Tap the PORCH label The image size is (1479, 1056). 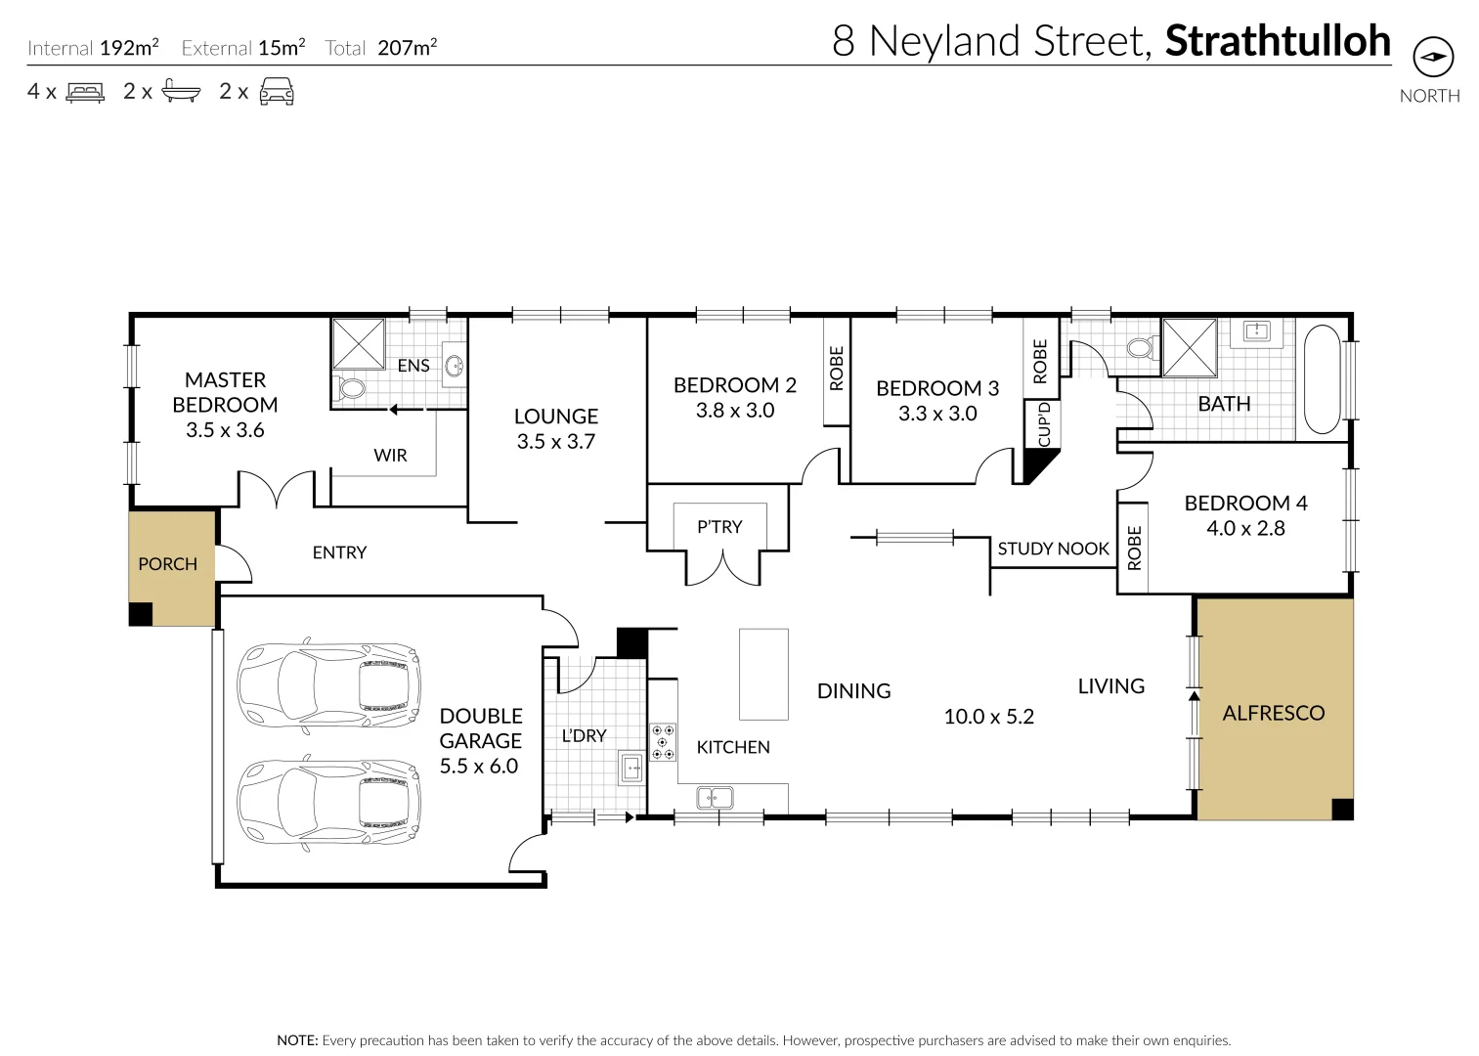pos(167,564)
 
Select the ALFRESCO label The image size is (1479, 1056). pos(1273,713)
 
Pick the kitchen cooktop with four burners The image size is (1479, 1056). pos(663,741)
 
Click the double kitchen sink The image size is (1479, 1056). pos(715,797)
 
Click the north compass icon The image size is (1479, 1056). pos(1433,57)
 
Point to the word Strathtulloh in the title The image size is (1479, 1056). pos(1278,41)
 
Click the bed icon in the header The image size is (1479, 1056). pos(85,92)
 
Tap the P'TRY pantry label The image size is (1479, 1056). pos(719,527)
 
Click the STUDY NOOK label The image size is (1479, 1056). pos(1053,549)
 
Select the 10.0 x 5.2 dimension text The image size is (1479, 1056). pos(988,717)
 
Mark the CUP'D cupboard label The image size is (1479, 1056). pos(1043,424)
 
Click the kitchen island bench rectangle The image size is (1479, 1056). pos(762,675)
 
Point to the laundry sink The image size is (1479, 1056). pos(631,769)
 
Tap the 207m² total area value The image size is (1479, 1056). pos(407,47)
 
